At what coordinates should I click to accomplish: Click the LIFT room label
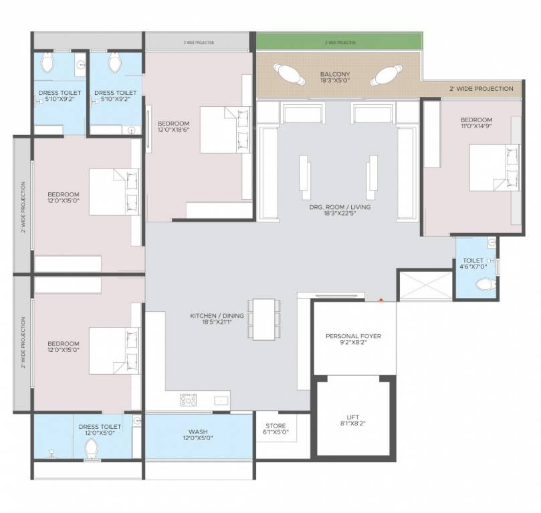[352, 415]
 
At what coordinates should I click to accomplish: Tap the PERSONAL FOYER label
[352, 336]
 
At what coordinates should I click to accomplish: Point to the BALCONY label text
[334, 74]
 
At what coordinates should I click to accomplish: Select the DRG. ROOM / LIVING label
[339, 207]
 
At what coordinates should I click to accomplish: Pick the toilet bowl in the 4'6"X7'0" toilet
[483, 285]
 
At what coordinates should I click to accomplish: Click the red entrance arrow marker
[381, 300]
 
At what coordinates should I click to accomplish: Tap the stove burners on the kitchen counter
[187, 399]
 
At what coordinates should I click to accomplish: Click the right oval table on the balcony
[386, 74]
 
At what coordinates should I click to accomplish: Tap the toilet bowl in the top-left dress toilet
[47, 65]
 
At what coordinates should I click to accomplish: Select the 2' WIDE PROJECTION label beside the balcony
[481, 89]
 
